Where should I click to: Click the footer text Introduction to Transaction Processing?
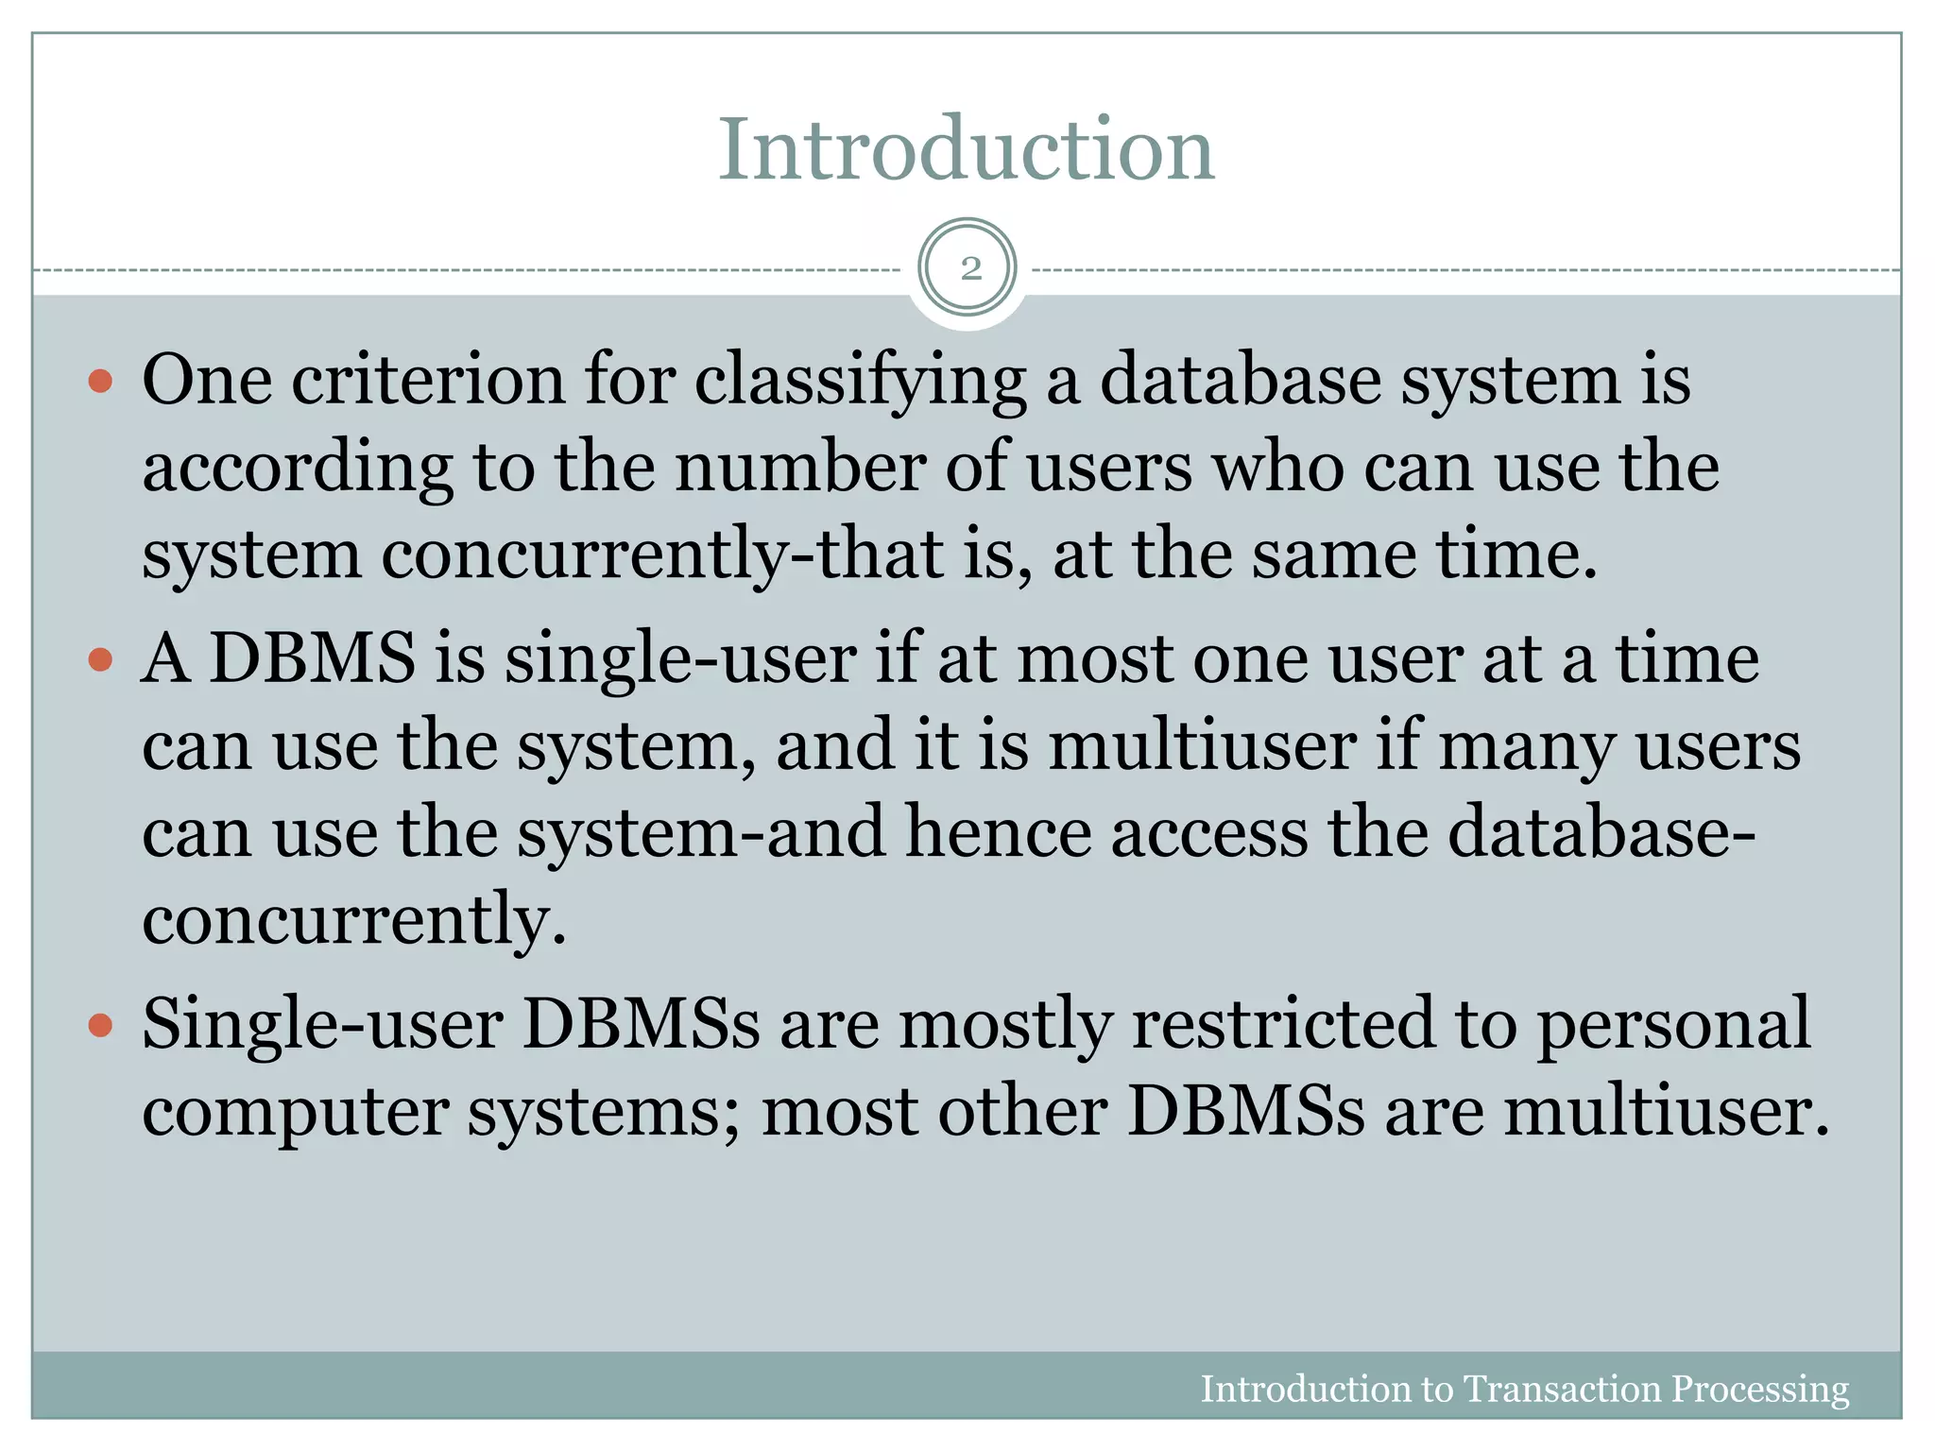1524,1389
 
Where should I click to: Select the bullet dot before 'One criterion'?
100,382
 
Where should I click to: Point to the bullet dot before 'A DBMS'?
100,658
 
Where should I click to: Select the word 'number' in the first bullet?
800,467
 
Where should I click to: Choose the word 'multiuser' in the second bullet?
1202,745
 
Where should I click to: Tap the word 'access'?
1208,832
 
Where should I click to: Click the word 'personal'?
1673,1024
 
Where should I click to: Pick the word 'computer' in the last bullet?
295,1113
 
